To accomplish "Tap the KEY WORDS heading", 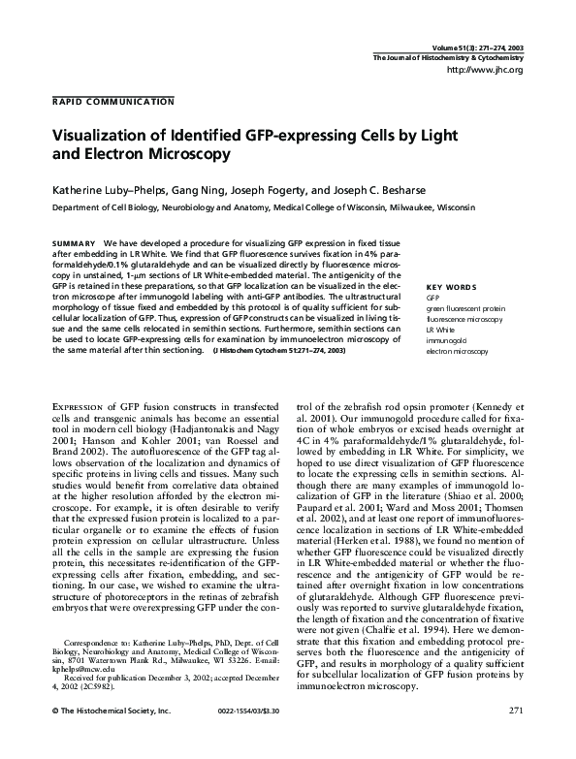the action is (448, 287).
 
